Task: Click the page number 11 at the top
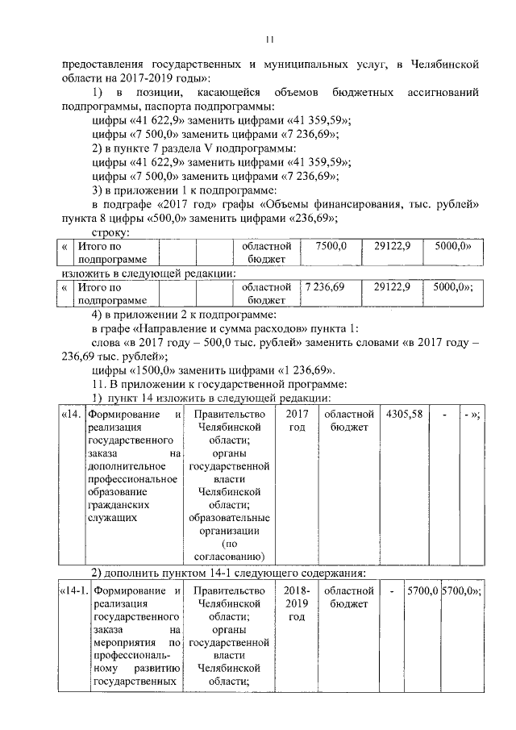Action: [270, 40]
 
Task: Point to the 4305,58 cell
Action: [404, 415]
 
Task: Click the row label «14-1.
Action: [73, 592]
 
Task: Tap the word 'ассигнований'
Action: [439, 95]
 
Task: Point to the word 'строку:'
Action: [108, 231]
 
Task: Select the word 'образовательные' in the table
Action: [227, 517]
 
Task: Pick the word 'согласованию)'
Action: [228, 556]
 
